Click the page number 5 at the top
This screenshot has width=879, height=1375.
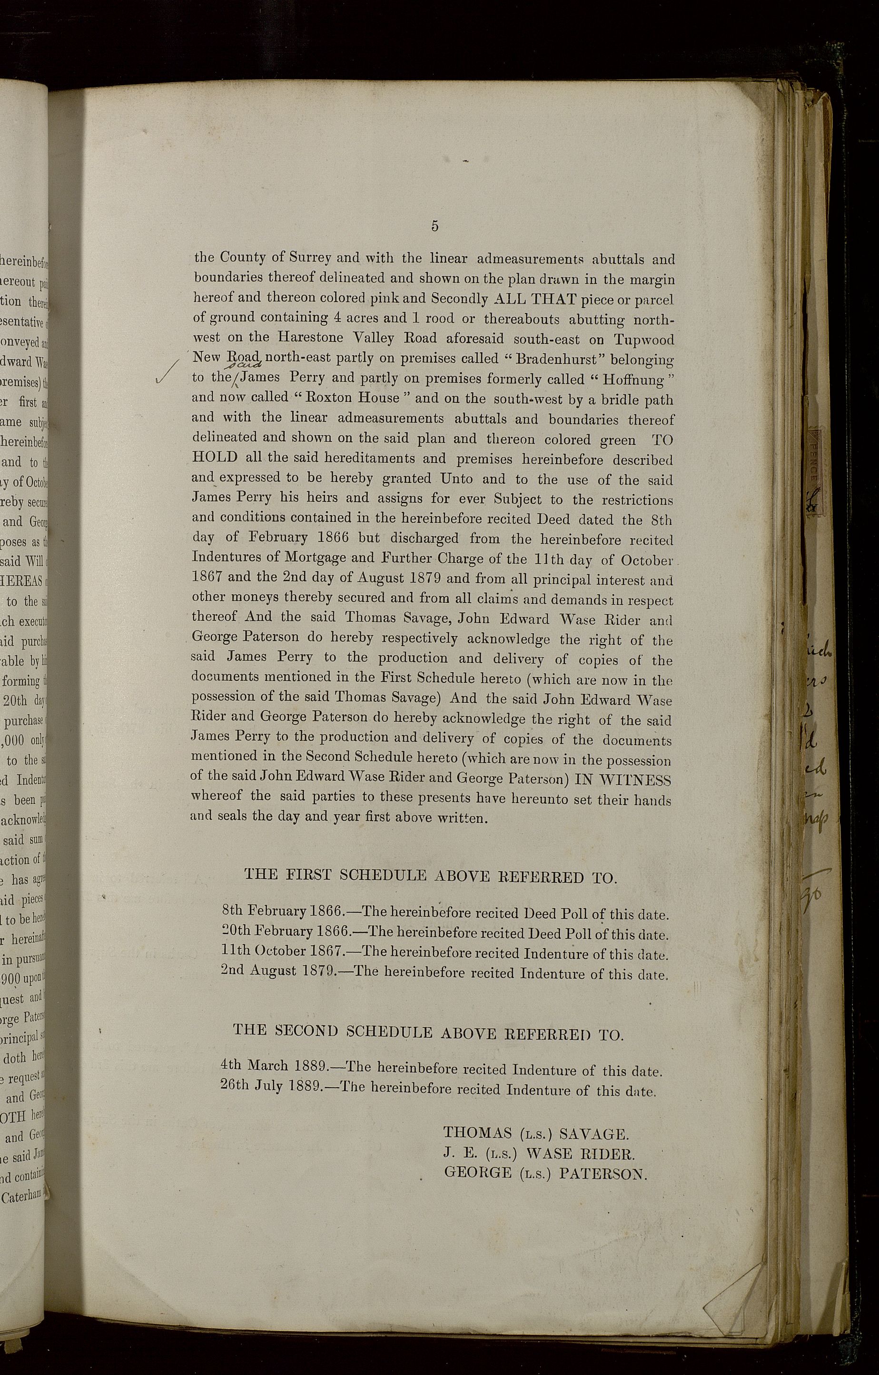pos(435,226)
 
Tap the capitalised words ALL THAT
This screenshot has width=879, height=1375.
pos(533,299)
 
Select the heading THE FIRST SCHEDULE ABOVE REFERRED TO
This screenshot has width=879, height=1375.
pos(431,876)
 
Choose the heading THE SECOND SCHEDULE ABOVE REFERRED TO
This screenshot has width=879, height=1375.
pos(428,1032)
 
